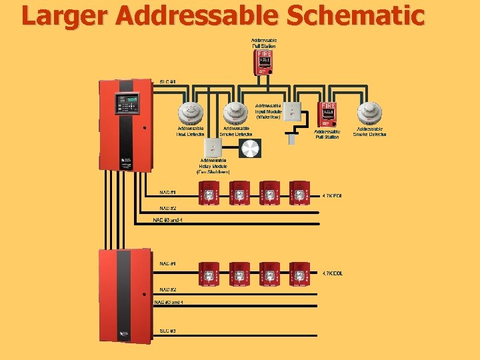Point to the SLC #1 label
[x=167, y=82]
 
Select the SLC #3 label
[x=167, y=331]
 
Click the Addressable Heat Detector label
[x=191, y=131]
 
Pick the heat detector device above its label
[x=191, y=111]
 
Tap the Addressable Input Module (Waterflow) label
[x=268, y=111]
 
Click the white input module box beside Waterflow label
[x=292, y=112]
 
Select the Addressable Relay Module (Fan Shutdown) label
[x=213, y=166]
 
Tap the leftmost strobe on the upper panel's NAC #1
[x=211, y=192]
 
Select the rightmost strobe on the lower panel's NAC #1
[x=300, y=272]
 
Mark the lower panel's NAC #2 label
[x=167, y=289]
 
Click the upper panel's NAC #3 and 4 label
[x=168, y=219]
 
